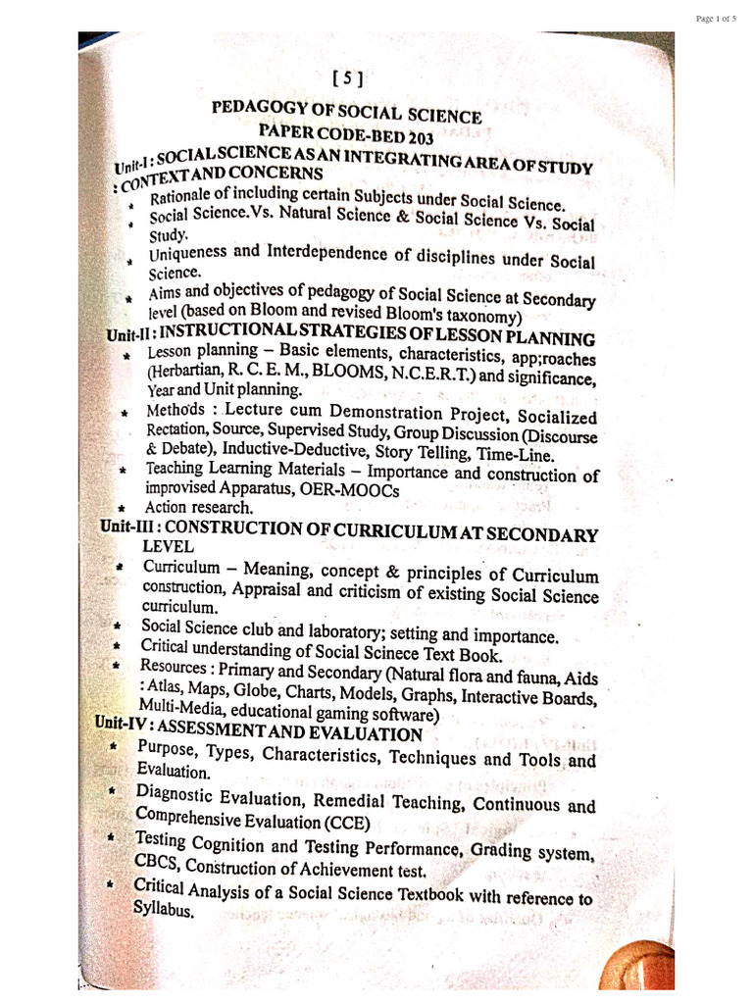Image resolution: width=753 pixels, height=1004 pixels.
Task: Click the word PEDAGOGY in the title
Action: [x=263, y=107]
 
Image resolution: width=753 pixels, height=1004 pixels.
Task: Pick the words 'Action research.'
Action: [x=184, y=508]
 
